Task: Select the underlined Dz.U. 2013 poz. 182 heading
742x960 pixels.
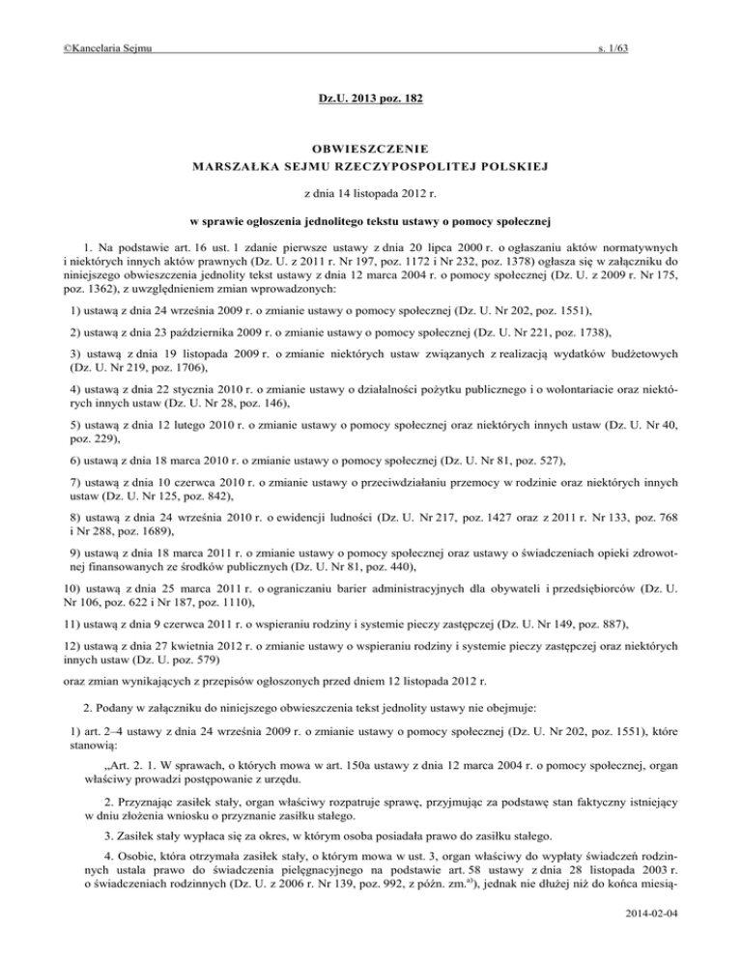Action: click(371, 100)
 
